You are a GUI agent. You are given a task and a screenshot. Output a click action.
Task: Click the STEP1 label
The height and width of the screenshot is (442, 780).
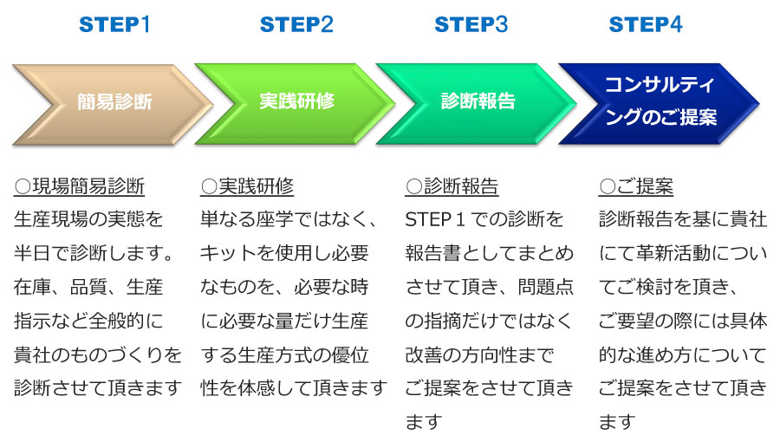click(114, 24)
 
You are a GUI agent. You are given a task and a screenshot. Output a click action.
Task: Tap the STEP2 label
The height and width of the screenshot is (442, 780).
click(296, 24)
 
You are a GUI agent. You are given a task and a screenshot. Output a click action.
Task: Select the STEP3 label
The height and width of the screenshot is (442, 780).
click(471, 24)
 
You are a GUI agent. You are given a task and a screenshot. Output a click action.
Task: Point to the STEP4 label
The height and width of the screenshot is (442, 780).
click(646, 24)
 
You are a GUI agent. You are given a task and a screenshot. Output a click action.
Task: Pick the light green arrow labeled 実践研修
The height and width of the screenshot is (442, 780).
click(295, 104)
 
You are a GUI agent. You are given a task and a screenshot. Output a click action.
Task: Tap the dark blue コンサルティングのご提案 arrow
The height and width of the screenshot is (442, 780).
click(660, 104)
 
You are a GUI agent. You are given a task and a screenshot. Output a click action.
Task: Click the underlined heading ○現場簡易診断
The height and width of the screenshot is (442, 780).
click(79, 187)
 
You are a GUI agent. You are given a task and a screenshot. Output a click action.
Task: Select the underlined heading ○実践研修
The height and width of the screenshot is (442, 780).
click(247, 187)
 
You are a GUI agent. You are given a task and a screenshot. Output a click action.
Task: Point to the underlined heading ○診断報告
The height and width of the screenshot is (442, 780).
click(452, 187)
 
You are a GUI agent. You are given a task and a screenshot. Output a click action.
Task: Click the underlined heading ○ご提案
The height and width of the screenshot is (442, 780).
click(636, 187)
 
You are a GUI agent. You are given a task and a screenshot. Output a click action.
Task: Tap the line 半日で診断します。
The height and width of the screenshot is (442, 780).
click(94, 253)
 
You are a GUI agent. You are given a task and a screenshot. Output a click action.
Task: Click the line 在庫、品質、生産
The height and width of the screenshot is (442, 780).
click(88, 287)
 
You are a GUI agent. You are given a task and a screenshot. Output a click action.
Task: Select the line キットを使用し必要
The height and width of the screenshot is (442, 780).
click(284, 253)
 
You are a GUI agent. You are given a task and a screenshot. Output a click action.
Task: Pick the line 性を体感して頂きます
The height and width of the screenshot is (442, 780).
click(294, 387)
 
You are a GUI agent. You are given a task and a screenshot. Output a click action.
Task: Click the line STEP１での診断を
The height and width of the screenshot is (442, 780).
click(484, 219)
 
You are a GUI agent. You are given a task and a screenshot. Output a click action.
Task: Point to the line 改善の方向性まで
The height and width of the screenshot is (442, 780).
click(479, 355)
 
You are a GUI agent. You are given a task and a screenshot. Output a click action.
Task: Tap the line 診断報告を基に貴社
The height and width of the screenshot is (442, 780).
click(683, 219)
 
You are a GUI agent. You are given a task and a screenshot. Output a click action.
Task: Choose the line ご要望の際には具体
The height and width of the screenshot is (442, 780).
click(683, 322)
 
